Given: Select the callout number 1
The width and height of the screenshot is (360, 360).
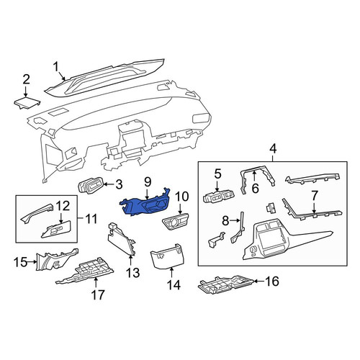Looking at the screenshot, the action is [x=56, y=66].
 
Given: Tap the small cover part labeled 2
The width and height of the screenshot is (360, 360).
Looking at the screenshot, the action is [x=27, y=103].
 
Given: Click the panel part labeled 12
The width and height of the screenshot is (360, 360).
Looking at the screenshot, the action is [x=56, y=229].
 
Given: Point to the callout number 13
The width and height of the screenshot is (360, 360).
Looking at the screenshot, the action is [x=132, y=272].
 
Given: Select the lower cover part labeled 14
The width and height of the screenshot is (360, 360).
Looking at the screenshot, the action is [x=165, y=258].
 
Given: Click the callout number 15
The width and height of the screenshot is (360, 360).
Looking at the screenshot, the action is [x=21, y=262].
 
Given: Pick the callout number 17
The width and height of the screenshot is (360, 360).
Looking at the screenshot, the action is [x=98, y=294].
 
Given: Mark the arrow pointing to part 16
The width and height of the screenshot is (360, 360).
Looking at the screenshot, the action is [x=258, y=281].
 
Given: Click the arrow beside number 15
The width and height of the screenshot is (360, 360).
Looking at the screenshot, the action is [x=32, y=262].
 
